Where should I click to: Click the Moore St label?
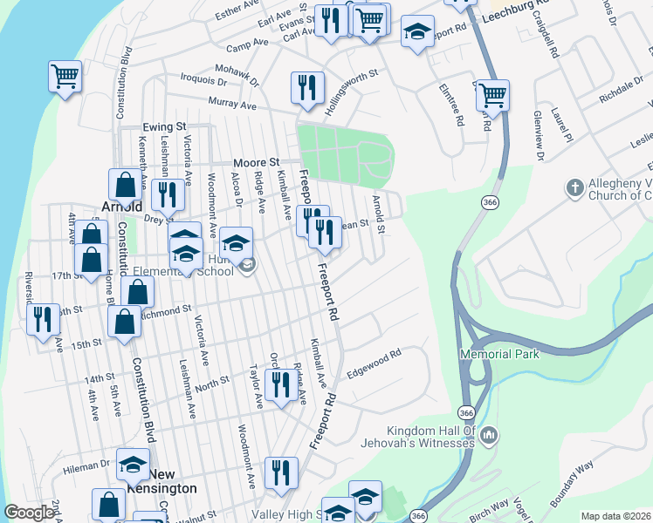point(256,163)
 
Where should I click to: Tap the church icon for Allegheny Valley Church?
point(574,187)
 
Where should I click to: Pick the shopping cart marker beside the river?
point(65,77)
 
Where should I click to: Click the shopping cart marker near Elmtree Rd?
point(493,94)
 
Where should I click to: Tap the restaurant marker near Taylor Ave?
point(280,384)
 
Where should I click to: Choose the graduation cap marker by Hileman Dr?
point(133,464)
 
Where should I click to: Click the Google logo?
point(30,513)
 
